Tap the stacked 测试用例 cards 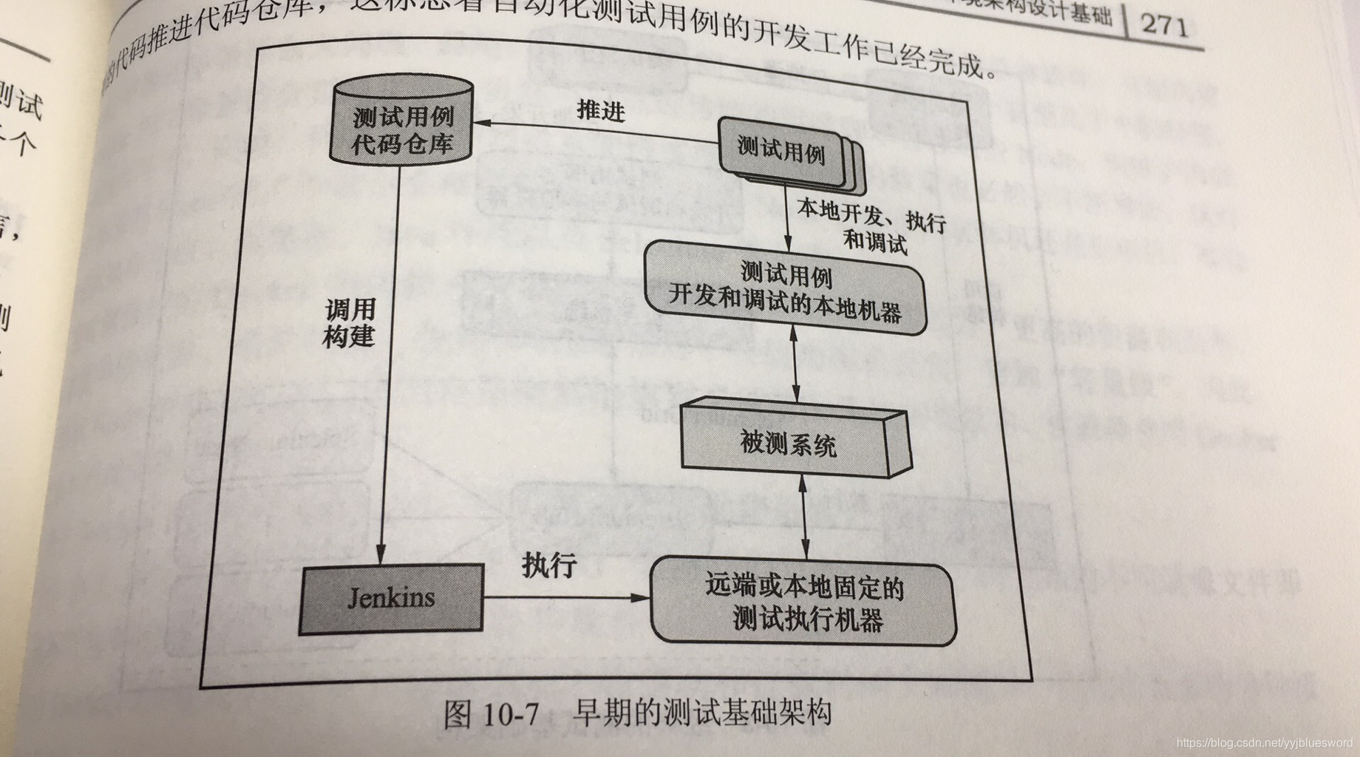(x=782, y=152)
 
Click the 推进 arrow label (x=601, y=111)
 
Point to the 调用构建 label (x=350, y=323)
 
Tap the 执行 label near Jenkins (x=548, y=565)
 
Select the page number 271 (x=1164, y=24)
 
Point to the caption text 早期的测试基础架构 (x=702, y=713)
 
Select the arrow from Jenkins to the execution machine (x=565, y=597)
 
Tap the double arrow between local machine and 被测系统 (x=795, y=366)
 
